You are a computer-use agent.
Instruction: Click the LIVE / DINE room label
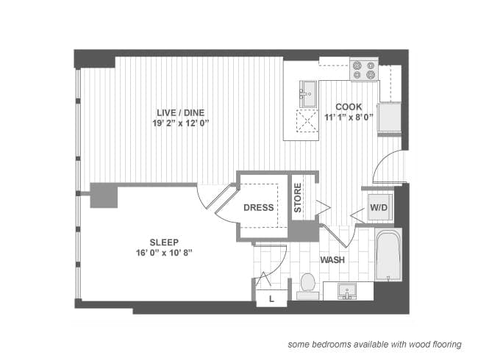[179, 112]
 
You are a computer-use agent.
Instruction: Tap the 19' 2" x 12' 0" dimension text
[179, 123]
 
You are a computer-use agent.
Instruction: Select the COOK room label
[349, 106]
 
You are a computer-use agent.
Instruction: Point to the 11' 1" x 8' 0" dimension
[349, 117]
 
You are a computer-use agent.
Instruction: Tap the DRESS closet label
[259, 207]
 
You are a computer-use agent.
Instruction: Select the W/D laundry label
[379, 207]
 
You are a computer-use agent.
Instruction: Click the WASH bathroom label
[333, 260]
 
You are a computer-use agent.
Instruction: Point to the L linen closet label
[271, 298]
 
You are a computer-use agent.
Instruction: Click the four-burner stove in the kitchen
[363, 70]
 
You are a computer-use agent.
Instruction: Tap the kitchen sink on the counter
[307, 93]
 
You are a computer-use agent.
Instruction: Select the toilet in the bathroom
[307, 284]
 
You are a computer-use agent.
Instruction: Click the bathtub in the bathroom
[388, 255]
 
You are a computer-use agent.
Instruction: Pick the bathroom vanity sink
[347, 291]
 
